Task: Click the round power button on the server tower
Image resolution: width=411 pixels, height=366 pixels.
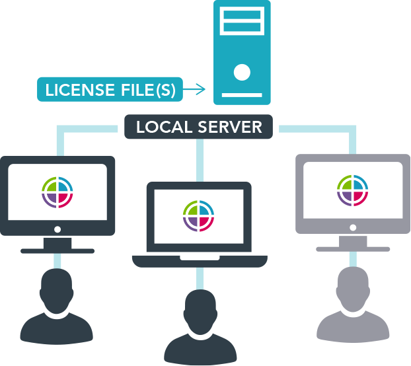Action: click(x=242, y=72)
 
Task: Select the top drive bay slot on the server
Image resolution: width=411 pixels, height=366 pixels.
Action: click(x=242, y=14)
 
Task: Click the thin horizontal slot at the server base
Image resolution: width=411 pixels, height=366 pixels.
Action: click(x=242, y=94)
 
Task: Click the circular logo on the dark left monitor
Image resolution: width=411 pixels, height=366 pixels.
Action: click(x=57, y=192)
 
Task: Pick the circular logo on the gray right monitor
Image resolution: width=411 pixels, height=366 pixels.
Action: click(x=353, y=191)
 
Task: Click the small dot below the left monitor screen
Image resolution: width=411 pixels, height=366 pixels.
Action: click(x=57, y=229)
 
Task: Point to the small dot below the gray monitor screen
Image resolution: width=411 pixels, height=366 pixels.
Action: click(x=353, y=227)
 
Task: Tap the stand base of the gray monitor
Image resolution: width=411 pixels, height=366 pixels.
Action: click(x=353, y=249)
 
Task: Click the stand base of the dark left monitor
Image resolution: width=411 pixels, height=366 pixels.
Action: click(x=57, y=251)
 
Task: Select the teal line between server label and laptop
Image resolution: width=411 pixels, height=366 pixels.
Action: click(x=199, y=159)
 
